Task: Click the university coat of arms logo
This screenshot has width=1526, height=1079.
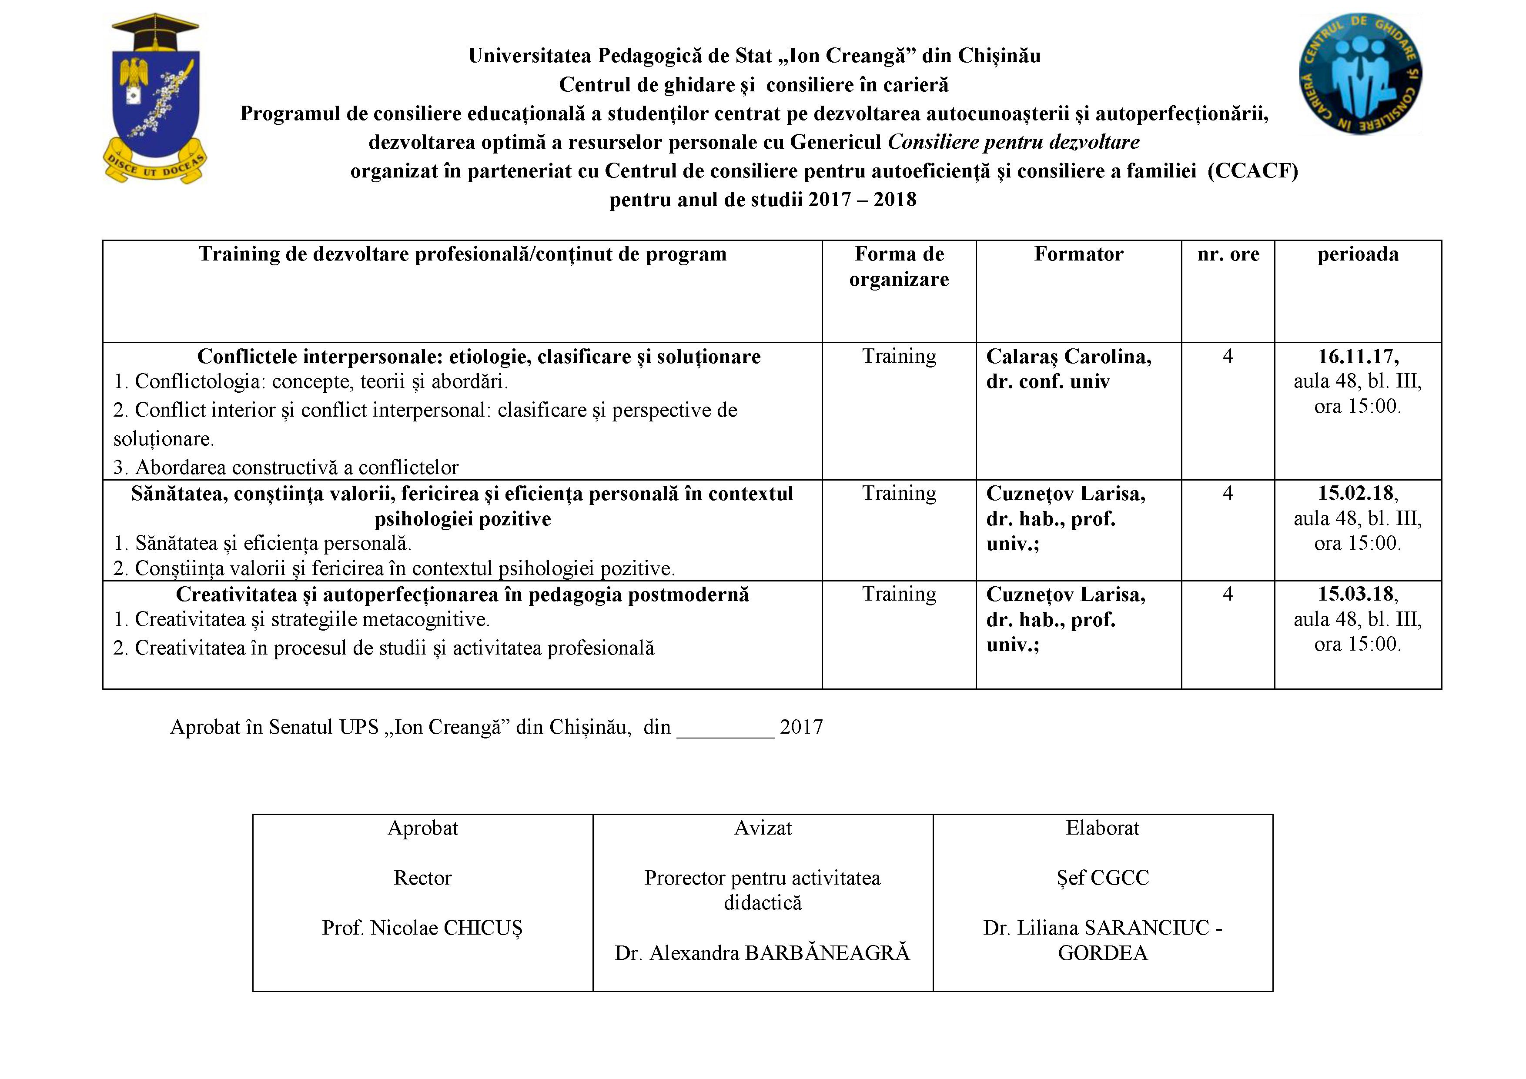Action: [154, 98]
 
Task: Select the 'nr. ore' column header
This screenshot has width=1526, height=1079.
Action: [1228, 254]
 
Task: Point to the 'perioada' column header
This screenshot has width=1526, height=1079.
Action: [1357, 254]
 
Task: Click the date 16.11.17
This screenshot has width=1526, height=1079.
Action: [1357, 357]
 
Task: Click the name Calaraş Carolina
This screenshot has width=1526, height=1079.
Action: [1068, 357]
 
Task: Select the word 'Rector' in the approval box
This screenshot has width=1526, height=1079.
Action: [423, 878]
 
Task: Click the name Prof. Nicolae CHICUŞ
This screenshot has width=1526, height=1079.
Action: [423, 928]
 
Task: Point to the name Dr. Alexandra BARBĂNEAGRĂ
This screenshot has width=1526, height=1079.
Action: [762, 953]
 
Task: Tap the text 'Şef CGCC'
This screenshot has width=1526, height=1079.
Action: [1103, 878]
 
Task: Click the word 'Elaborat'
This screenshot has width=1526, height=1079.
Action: [1103, 828]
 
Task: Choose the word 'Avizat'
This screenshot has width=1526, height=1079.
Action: [762, 828]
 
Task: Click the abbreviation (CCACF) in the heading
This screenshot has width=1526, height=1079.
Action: [1252, 171]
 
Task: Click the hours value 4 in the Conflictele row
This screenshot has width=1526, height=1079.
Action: [1228, 357]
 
